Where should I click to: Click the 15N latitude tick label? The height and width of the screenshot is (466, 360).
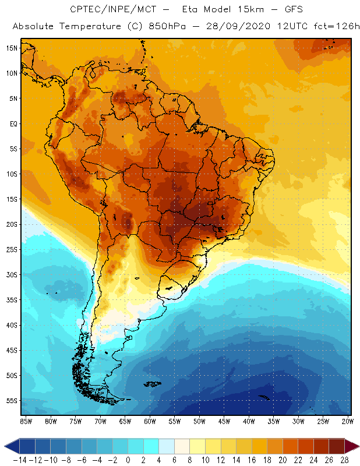click(12, 48)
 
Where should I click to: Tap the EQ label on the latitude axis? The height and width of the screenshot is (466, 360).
click(13, 123)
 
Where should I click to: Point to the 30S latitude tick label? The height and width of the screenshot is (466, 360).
click(12, 274)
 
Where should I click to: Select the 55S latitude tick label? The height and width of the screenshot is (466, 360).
click(12, 401)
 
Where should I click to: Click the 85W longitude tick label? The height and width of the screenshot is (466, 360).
click(26, 421)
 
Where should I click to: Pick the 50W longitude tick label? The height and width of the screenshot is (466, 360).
click(199, 421)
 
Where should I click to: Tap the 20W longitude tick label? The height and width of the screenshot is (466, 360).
click(348, 421)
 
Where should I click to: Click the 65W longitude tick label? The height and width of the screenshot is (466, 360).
click(125, 421)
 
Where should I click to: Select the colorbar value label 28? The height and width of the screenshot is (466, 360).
click(344, 459)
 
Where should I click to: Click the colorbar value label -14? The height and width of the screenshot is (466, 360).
click(19, 459)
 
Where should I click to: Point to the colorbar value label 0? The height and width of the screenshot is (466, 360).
click(128, 459)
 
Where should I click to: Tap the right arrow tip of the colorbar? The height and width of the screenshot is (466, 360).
click(357, 446)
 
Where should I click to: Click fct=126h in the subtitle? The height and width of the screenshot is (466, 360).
click(334, 27)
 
